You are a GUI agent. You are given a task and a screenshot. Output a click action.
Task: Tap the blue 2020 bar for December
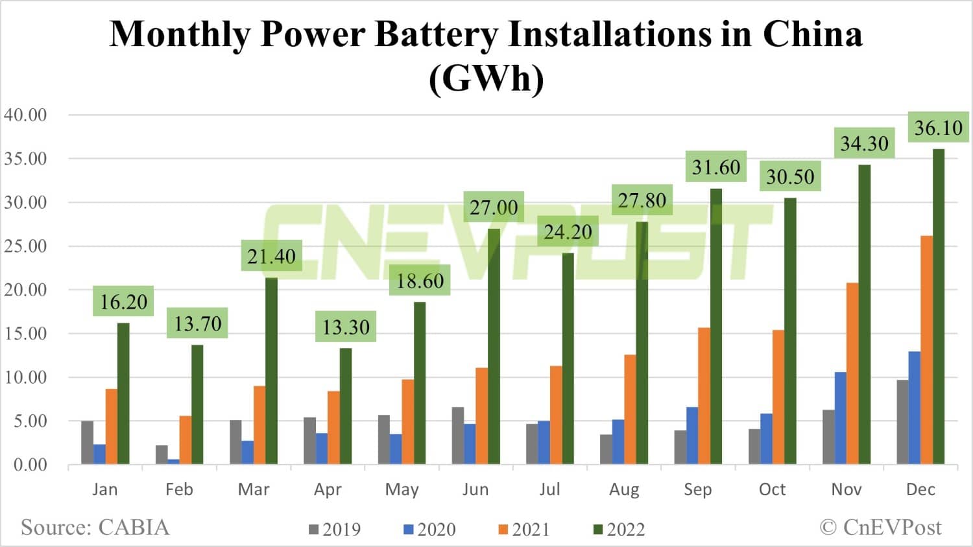tap(914, 408)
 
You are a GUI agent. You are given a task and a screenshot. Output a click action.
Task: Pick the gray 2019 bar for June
tap(458, 436)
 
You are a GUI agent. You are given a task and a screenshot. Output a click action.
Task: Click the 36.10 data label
tap(938, 128)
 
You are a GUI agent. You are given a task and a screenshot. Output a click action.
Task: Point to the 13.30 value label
tap(346, 327)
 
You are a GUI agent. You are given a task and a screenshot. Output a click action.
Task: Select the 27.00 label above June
tap(494, 208)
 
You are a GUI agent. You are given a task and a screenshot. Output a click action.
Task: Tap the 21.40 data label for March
tap(271, 257)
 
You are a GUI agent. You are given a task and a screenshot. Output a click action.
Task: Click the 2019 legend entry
tap(335, 530)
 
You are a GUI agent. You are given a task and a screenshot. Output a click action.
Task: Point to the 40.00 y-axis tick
tap(26, 115)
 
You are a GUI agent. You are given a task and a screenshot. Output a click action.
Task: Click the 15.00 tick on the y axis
tap(26, 334)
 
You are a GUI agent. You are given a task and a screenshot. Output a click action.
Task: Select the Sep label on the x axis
tap(697, 489)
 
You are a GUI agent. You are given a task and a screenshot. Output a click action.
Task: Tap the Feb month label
tap(179, 489)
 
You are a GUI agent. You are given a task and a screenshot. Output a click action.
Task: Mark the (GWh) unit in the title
tap(486, 78)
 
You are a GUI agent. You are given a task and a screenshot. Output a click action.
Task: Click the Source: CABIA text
tap(95, 528)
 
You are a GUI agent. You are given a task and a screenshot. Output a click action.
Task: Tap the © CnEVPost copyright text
tap(880, 528)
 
